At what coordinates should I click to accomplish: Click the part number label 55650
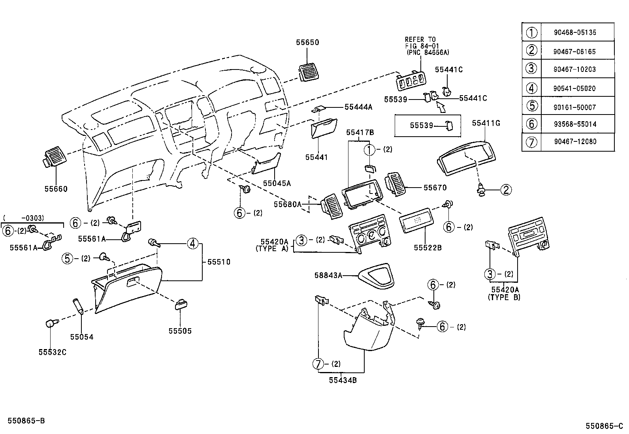tap(307, 42)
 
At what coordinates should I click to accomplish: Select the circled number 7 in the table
tap(532, 142)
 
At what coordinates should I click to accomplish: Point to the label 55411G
tap(486, 123)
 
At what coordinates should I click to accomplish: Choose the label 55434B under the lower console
tap(343, 380)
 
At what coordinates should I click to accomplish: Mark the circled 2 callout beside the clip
tap(506, 190)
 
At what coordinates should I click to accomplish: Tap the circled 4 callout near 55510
tap(192, 244)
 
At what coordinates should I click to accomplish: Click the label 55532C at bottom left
tap(52, 352)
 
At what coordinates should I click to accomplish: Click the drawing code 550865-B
tap(25, 421)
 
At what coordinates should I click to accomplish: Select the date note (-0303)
tap(24, 218)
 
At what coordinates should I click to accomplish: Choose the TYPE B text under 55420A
tap(504, 297)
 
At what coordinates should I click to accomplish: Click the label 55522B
tap(427, 248)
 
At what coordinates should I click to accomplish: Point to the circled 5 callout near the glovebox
tap(68, 259)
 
